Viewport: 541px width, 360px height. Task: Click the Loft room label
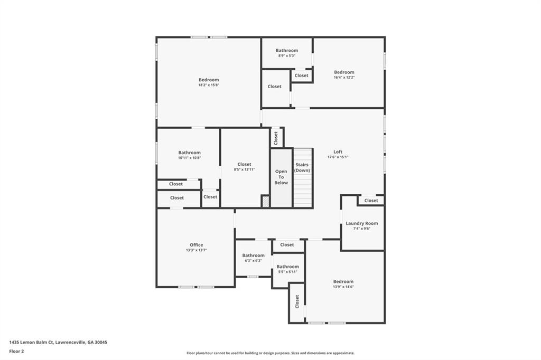(338, 151)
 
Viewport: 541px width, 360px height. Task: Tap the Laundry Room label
(361, 223)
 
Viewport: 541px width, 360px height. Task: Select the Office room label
(196, 245)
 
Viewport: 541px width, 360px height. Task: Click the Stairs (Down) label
(302, 167)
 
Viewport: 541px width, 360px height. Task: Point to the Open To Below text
(281, 177)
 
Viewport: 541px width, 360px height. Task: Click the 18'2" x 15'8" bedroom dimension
(208, 85)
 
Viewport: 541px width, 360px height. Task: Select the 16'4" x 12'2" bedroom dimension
(344, 78)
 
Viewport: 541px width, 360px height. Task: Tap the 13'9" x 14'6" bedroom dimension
(343, 287)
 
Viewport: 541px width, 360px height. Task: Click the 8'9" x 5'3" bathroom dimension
(286, 55)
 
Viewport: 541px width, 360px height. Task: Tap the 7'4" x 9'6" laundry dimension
(361, 229)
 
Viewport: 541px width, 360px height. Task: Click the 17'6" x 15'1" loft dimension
(338, 157)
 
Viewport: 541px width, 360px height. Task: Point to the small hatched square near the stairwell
(265, 201)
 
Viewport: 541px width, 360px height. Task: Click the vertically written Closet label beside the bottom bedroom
(297, 301)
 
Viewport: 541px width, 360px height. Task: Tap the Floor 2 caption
(16, 351)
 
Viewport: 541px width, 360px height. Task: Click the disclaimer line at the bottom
(270, 353)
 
